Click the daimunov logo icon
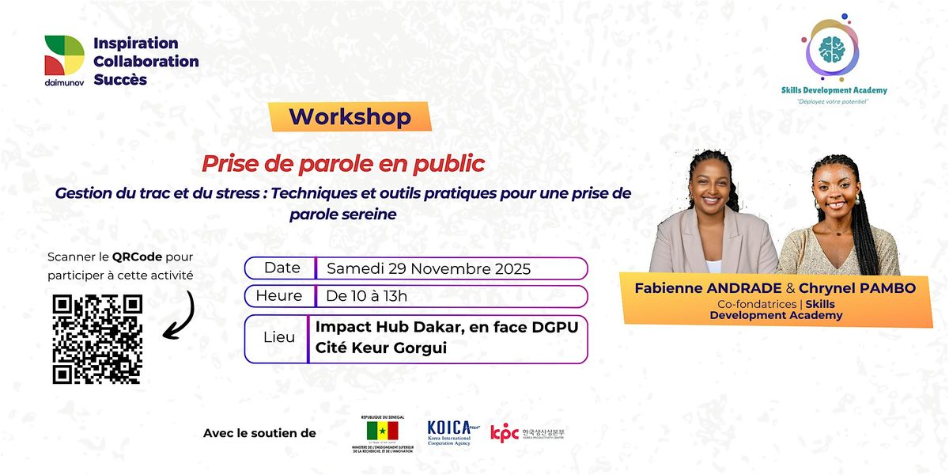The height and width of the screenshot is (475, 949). [64, 55]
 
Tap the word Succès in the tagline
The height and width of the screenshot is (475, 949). [120, 79]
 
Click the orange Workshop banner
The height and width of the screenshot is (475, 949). [350, 117]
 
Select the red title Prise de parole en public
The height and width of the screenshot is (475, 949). [343, 164]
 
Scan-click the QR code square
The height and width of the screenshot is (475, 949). [97, 339]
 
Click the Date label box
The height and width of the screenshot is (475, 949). [282, 268]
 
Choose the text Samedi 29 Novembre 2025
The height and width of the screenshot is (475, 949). [429, 268]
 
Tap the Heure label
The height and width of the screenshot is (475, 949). [278, 296]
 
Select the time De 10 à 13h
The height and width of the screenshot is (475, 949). [367, 296]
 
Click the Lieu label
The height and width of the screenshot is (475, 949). [278, 337]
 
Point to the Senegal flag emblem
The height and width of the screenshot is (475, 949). [382, 431]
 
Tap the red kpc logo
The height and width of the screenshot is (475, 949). [505, 433]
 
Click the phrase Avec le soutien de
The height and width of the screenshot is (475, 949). [259, 433]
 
